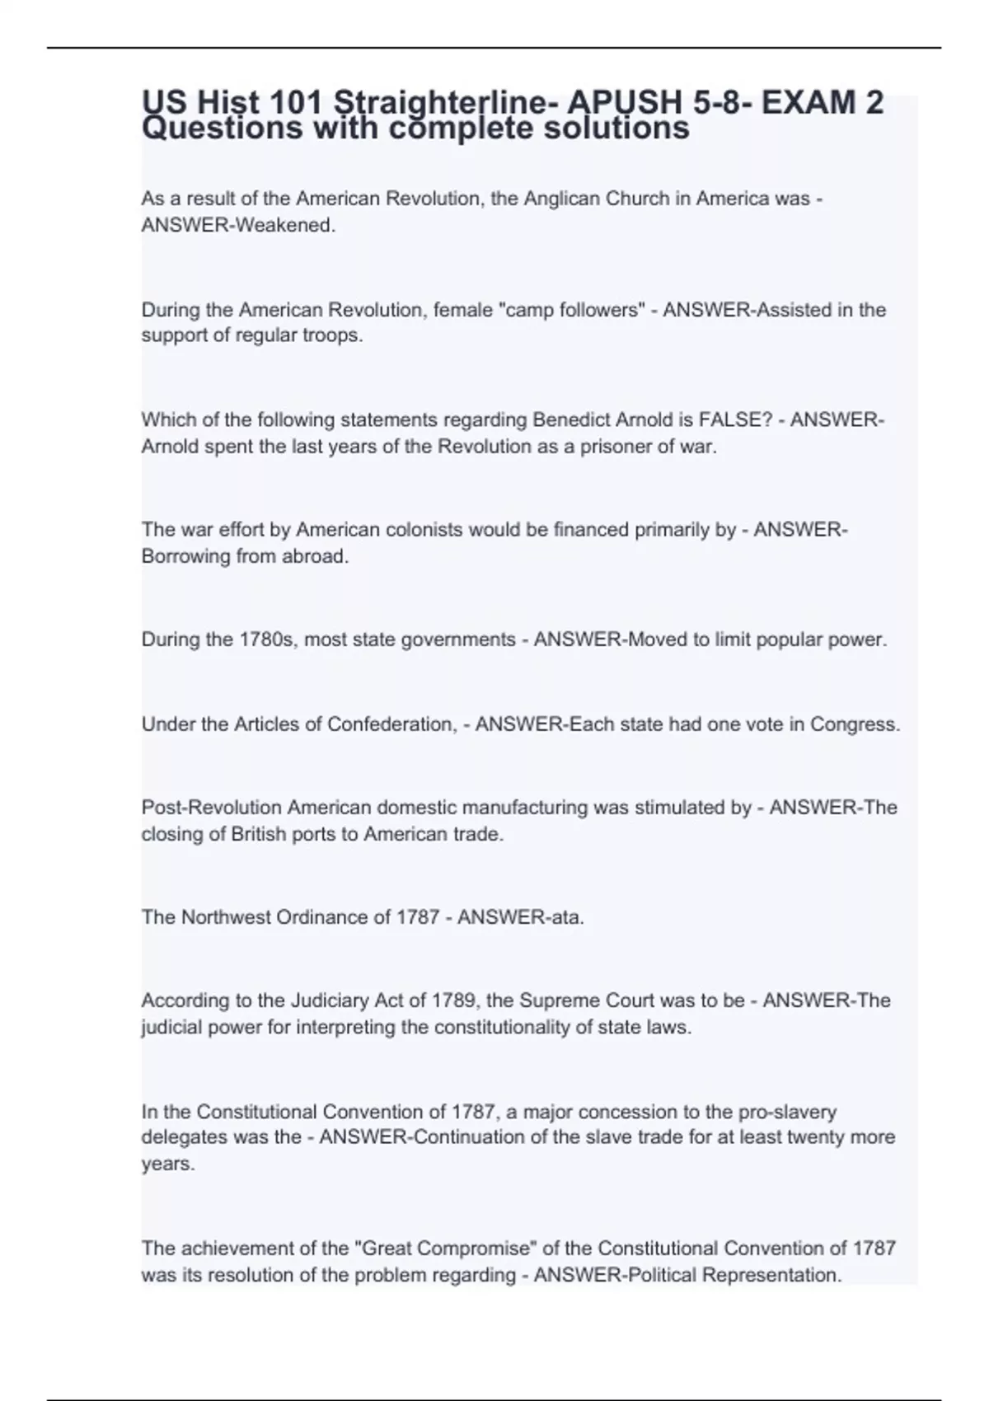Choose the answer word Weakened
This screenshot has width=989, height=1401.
(x=285, y=225)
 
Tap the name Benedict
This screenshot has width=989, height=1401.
(x=570, y=420)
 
